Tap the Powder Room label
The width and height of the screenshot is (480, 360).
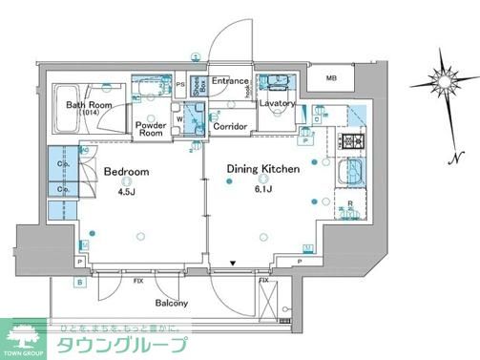(x=152, y=130)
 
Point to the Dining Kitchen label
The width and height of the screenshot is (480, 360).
(x=263, y=169)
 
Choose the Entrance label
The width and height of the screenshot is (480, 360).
(x=230, y=82)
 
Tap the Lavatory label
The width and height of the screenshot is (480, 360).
(x=276, y=103)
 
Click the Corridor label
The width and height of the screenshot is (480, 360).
(x=231, y=126)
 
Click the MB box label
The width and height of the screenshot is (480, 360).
(x=331, y=78)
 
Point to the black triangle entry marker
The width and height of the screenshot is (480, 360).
(x=231, y=265)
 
